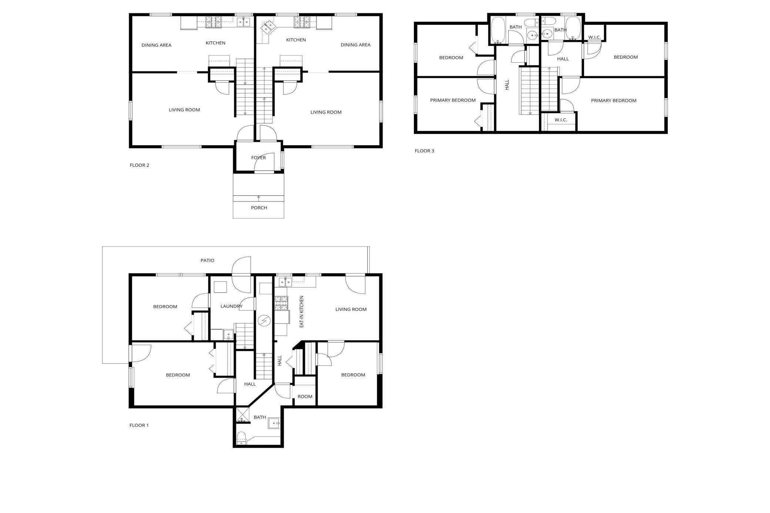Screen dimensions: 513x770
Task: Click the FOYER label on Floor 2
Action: [x=258, y=158]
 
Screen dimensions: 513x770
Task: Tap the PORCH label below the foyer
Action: [x=259, y=208]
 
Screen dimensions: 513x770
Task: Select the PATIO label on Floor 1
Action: [x=207, y=260]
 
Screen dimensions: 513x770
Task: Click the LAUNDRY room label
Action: [x=231, y=306]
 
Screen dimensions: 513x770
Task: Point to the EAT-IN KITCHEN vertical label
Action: [x=301, y=311]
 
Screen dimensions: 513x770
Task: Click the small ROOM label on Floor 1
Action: [x=305, y=396]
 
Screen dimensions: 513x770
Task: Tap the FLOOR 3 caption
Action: [x=424, y=151]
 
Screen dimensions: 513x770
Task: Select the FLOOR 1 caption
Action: [x=139, y=425]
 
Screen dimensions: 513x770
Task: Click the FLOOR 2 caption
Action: [x=139, y=165]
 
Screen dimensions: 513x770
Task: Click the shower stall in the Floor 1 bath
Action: [x=242, y=415]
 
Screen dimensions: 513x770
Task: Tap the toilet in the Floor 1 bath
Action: [x=241, y=438]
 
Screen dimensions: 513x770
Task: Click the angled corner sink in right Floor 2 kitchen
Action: [x=269, y=27]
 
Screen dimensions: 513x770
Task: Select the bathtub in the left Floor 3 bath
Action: [x=498, y=30]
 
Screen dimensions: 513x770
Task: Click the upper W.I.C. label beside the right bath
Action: [x=594, y=37]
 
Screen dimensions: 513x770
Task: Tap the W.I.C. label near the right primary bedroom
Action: [x=561, y=120]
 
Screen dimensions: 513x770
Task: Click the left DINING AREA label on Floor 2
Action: [x=156, y=45]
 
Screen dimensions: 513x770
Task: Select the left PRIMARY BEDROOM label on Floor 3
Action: [x=453, y=100]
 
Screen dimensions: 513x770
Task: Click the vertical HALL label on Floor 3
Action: [x=507, y=85]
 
